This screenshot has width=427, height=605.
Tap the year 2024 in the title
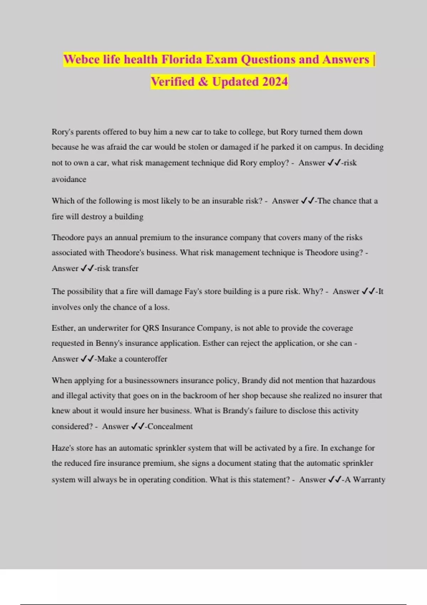[x=275, y=81]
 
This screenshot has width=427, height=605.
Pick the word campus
[x=323, y=147]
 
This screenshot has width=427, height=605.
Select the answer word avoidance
[x=69, y=179]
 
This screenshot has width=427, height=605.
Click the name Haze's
[x=63, y=448]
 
